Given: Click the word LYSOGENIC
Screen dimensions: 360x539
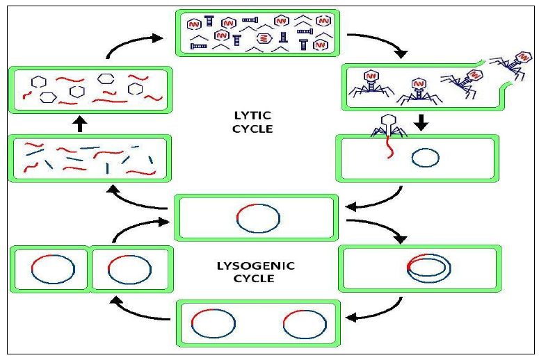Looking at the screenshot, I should pyautogui.click(x=255, y=265).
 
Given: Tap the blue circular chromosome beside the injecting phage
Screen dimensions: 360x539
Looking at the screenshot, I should pyautogui.click(x=425, y=158).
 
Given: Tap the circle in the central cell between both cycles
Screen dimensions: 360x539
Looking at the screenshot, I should pyautogui.click(x=258, y=218).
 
